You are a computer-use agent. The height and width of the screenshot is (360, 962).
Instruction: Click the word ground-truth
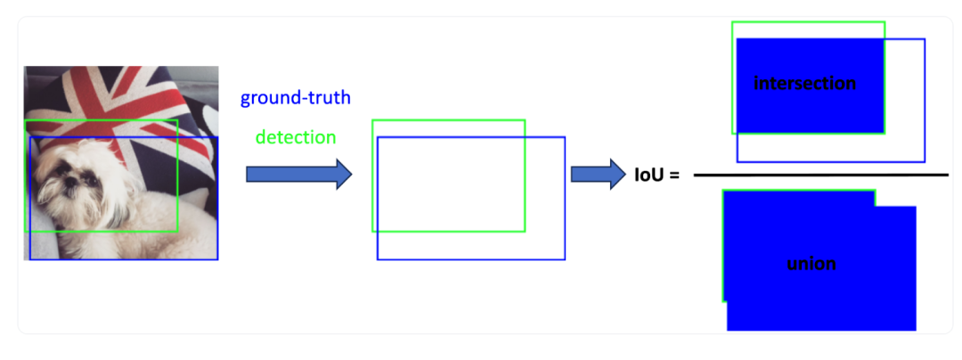[x=295, y=98]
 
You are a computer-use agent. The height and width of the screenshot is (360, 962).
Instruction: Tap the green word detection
[x=296, y=138]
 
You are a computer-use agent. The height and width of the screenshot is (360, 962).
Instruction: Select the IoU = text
[x=656, y=175]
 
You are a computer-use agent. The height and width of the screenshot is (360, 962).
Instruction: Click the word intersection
[x=804, y=84]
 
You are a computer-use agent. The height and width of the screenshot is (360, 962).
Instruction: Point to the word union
[x=811, y=264]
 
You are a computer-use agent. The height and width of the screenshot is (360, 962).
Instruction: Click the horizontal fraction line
[x=819, y=175]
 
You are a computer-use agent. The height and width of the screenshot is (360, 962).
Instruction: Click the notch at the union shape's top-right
[x=895, y=198]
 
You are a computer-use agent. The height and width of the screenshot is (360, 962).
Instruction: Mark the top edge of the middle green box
[x=448, y=119]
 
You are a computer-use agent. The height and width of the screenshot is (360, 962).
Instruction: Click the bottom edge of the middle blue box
[x=470, y=259]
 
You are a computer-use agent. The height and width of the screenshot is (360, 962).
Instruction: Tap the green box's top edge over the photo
[x=101, y=120]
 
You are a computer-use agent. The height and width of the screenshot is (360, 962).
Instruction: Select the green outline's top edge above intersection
[x=808, y=21]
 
